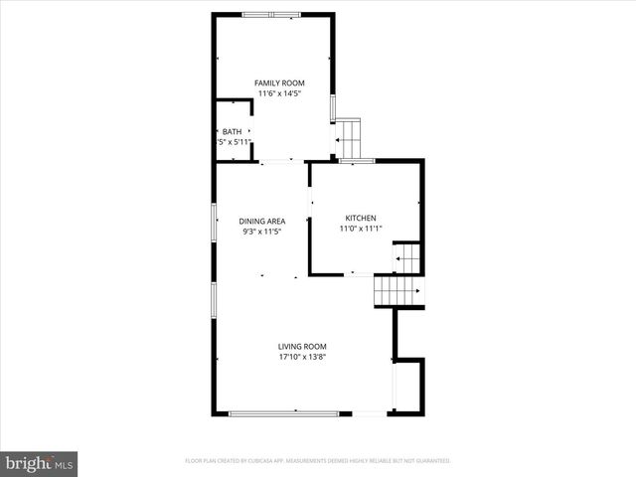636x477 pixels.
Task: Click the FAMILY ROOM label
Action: click(x=278, y=82)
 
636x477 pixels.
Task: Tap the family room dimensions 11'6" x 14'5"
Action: click(x=278, y=93)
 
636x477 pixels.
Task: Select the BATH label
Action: click(x=232, y=131)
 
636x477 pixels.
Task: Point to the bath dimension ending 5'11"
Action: click(x=234, y=142)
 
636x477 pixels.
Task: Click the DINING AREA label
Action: click(x=262, y=221)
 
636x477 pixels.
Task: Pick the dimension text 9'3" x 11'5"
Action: click(x=262, y=232)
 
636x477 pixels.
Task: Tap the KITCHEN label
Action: click(x=361, y=219)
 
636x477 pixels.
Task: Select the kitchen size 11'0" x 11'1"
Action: click(x=361, y=230)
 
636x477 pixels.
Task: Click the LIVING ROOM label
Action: click(x=302, y=346)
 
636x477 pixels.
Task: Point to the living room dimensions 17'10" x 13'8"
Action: click(x=302, y=357)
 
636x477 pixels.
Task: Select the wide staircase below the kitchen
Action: click(x=398, y=291)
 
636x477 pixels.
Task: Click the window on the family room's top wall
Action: click(x=272, y=14)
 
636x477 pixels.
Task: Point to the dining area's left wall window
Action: click(x=214, y=222)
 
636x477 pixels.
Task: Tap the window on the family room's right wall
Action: click(x=333, y=107)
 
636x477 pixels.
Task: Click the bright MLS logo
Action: click(x=39, y=463)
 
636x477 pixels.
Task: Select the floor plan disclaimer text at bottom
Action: click(x=318, y=461)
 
